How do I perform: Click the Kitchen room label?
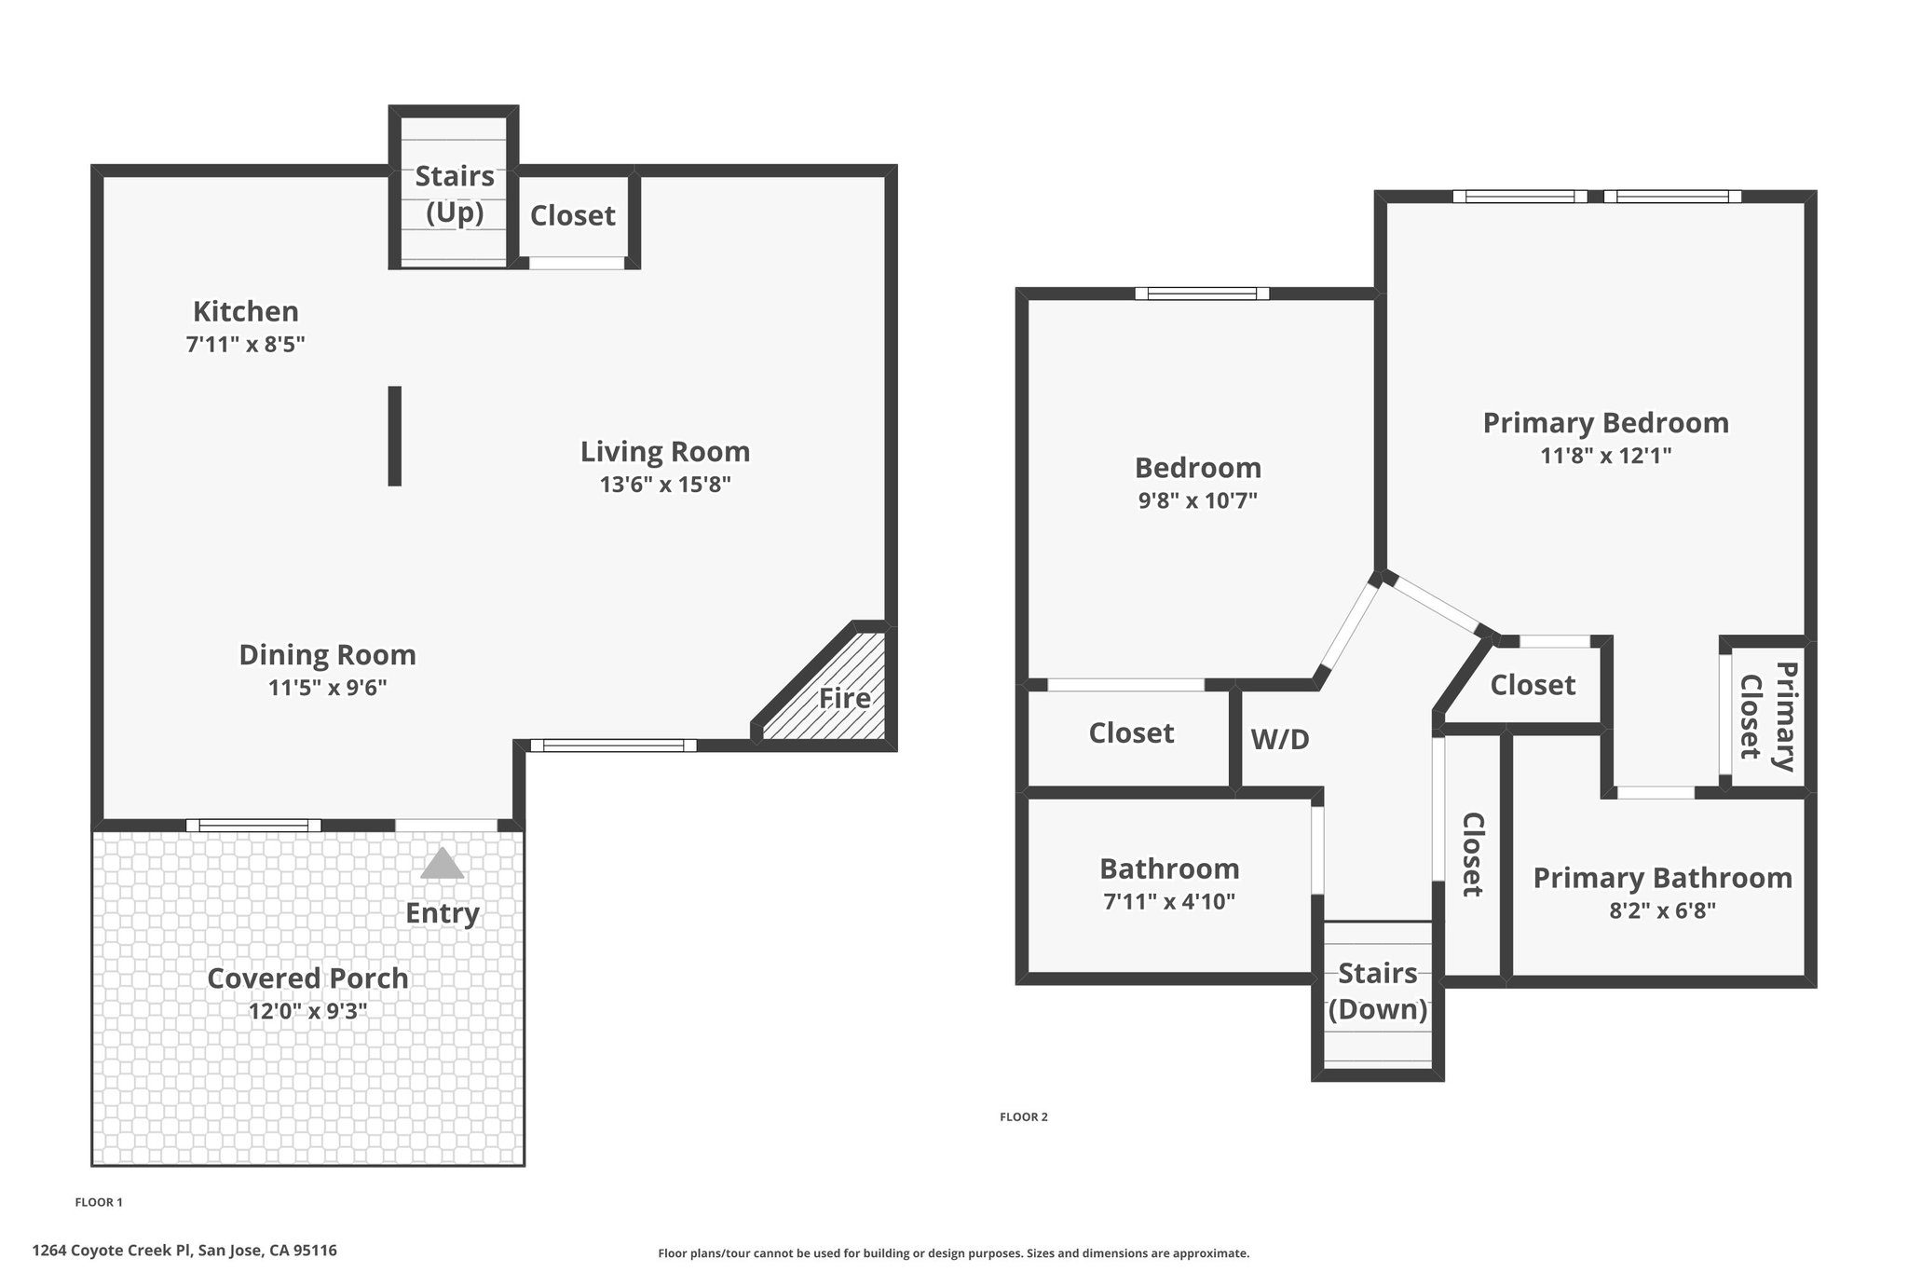[x=246, y=310]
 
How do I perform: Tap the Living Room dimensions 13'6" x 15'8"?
[x=665, y=485]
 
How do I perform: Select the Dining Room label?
[x=327, y=654]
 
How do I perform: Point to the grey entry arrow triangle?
[x=442, y=864]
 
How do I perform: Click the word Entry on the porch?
[x=443, y=913]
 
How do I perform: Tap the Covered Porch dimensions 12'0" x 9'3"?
[x=308, y=1012]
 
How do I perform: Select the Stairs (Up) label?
[x=455, y=194]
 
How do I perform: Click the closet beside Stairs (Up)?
[x=573, y=215]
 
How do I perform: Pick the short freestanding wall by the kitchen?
[x=395, y=436]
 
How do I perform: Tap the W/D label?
[x=1280, y=739]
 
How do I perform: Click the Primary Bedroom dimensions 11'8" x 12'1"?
[x=1606, y=456]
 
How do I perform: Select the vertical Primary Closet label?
[x=1767, y=716]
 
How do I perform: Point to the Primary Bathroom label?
[x=1663, y=877]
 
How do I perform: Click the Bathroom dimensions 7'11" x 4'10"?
[x=1169, y=901]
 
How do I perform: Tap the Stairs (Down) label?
[x=1378, y=992]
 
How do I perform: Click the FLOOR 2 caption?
[x=1024, y=1116]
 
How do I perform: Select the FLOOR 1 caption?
[x=99, y=1202]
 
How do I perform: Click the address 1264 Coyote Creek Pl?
[x=112, y=1251]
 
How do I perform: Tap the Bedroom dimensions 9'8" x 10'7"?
[x=1198, y=500]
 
